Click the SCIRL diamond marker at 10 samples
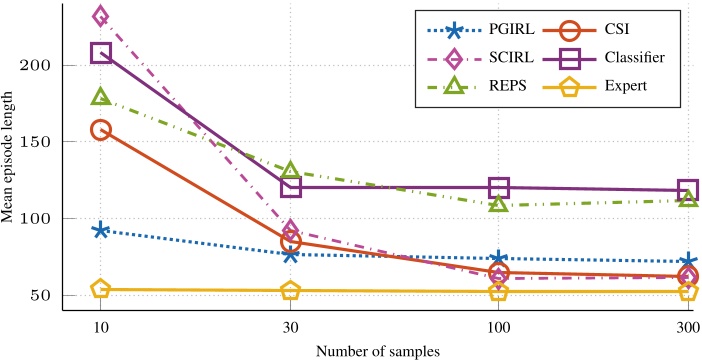pos(100,17)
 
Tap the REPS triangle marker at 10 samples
pos(100,96)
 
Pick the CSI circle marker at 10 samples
pos(101,129)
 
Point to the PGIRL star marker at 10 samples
pos(100,231)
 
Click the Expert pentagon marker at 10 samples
pos(100,289)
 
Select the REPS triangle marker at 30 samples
pos(291,169)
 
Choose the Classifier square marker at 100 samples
pos(499,187)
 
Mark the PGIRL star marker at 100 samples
pos(499,258)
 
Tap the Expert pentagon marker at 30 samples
pos(291,291)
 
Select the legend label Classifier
pos(626,58)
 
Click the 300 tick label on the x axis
pos(689,326)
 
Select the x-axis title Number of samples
pos(378,351)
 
